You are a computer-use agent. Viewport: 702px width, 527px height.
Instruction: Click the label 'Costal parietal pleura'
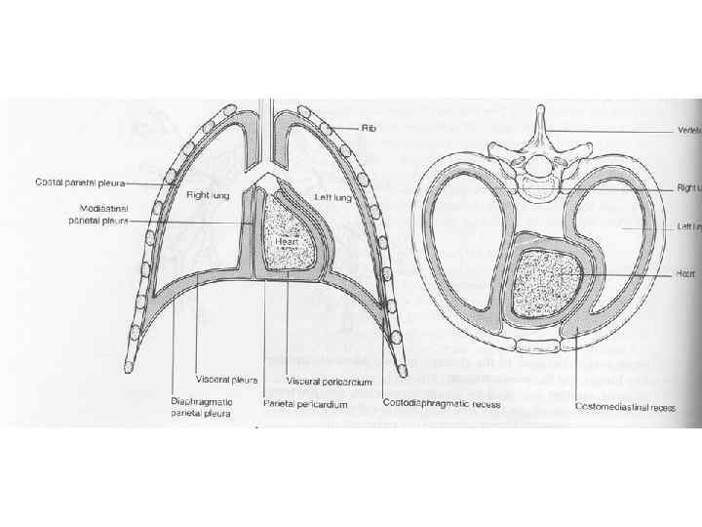[x=73, y=182]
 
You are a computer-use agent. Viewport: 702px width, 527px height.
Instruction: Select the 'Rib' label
[x=369, y=128]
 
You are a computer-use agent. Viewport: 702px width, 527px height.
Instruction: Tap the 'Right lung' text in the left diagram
[x=208, y=195]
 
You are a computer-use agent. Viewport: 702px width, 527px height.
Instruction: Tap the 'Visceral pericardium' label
[x=329, y=382]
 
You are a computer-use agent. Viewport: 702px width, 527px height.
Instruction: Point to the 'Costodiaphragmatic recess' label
[x=433, y=402]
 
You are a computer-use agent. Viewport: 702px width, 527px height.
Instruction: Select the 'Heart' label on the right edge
[x=687, y=275]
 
